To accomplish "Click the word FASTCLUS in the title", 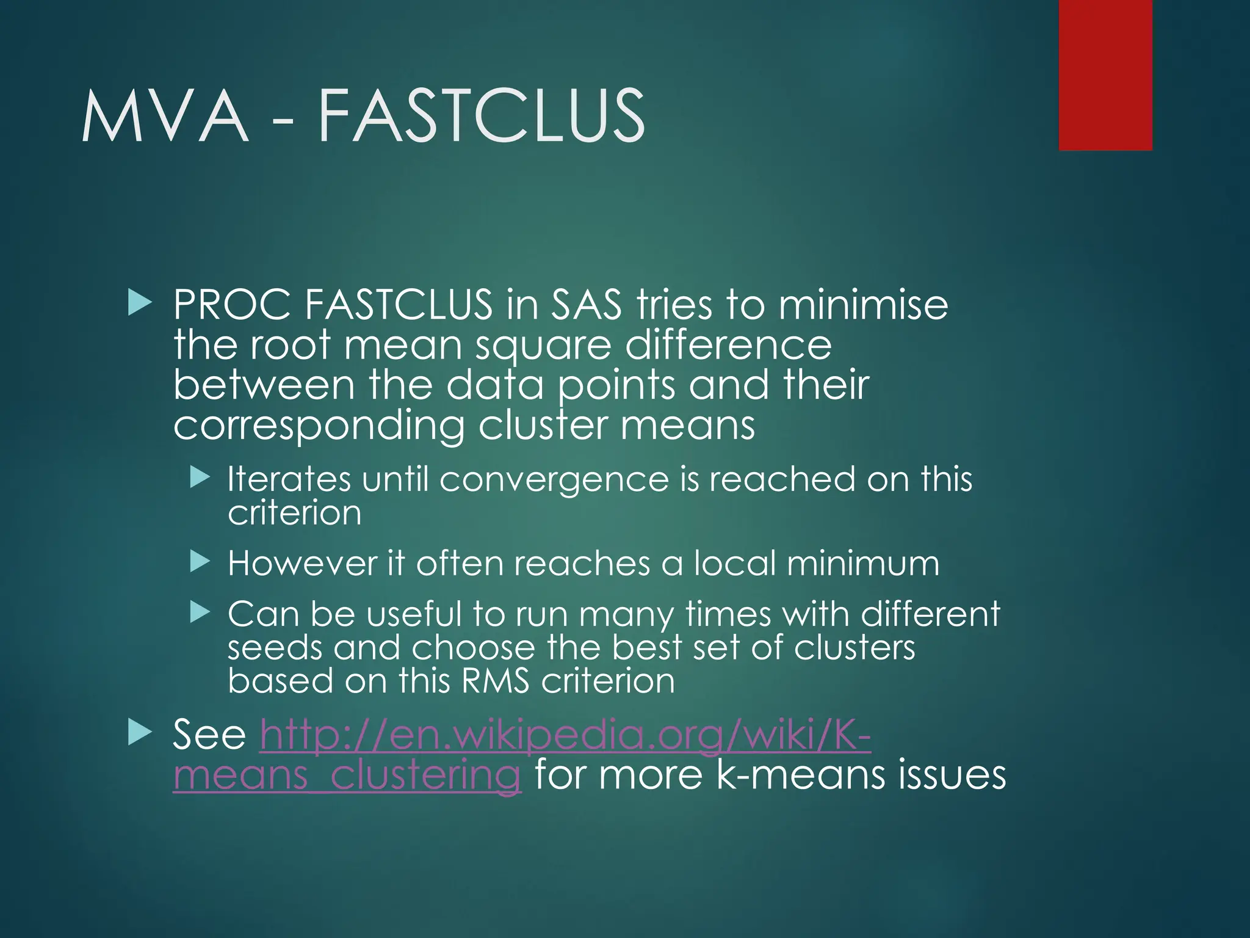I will (x=481, y=116).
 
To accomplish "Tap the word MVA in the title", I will (x=165, y=116).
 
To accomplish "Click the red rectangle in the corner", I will (x=1105, y=75).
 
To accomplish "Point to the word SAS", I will (x=586, y=305).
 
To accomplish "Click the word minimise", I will (x=863, y=305).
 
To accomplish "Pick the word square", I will (x=543, y=346).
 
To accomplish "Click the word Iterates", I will (x=289, y=479).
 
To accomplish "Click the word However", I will (x=302, y=563).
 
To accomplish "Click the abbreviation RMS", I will (x=495, y=681).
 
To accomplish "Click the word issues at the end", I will (x=952, y=775).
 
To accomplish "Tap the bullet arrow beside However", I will (x=199, y=561).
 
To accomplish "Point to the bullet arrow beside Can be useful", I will (x=199, y=612).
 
